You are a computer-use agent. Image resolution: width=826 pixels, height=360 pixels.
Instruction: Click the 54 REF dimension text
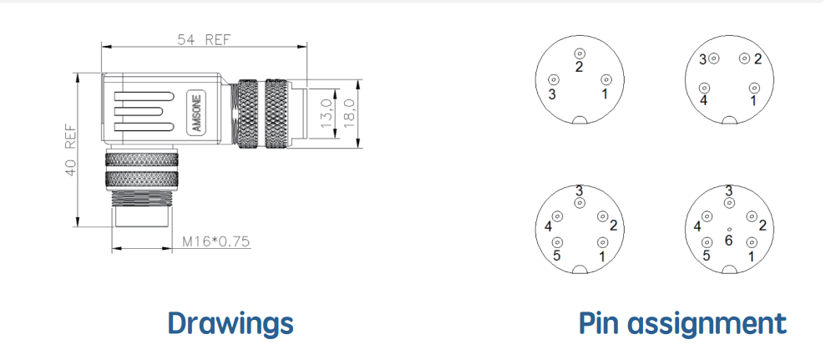204,40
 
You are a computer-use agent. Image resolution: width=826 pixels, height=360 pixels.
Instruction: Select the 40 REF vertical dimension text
71,150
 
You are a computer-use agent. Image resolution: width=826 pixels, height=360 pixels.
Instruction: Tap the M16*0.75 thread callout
216,241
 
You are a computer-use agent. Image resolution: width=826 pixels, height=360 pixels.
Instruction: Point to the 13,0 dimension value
327,113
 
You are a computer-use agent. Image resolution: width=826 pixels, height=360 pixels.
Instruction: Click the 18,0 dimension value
348,113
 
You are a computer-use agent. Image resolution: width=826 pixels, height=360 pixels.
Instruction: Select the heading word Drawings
231,322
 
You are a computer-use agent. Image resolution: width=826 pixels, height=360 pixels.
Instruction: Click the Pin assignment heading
682,322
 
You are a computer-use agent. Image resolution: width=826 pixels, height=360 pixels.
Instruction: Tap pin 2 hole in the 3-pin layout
580,53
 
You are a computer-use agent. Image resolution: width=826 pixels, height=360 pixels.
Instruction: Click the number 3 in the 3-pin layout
552,94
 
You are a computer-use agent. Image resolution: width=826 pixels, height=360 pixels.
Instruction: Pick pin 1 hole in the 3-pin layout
606,79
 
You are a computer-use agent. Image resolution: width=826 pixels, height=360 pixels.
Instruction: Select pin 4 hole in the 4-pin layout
704,88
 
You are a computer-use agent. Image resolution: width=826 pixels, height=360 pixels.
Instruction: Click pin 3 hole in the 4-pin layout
714,58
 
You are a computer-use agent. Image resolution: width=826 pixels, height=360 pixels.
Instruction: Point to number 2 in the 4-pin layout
758,59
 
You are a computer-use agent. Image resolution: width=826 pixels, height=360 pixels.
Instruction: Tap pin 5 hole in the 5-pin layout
556,242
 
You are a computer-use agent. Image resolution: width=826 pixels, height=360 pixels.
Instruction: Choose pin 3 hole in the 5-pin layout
580,202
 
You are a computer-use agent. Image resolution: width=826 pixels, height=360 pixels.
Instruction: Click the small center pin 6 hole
729,230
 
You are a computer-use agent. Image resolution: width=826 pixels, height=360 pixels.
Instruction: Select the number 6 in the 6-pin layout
729,241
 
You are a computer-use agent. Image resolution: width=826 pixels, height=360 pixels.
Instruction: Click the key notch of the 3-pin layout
580,120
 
